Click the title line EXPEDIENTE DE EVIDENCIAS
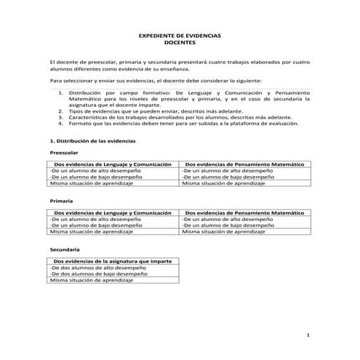point(179,36)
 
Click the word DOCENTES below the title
point(179,43)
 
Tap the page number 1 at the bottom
point(308,335)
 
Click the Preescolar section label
point(64,153)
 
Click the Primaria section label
point(62,199)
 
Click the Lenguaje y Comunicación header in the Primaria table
point(113,212)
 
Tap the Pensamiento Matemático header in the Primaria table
point(245,212)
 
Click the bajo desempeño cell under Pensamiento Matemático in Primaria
point(228,225)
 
